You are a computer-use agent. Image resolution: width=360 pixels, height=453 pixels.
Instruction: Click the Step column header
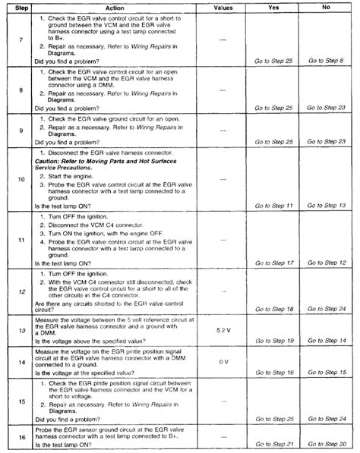coord(22,5)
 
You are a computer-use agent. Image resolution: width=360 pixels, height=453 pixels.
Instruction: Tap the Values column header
coord(223,5)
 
